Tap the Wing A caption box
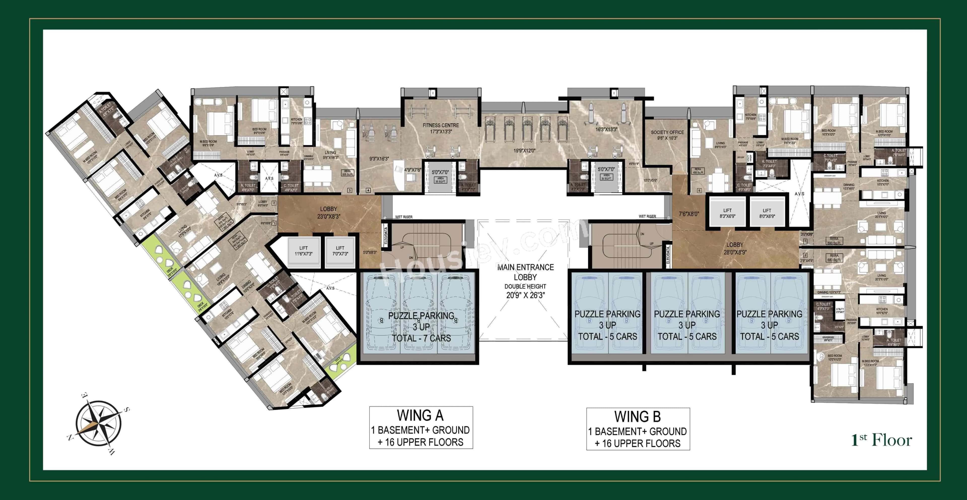coord(421,428)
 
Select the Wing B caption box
coord(638,429)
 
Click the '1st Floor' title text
coord(881,440)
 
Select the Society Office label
coord(667,135)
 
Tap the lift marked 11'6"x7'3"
coord(303,251)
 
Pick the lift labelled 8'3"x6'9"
coord(727,213)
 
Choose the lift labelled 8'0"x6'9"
coord(767,213)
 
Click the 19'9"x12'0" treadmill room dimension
coord(524,151)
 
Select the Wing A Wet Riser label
coord(403,217)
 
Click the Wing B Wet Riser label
coord(647,217)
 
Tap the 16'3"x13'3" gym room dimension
coord(606,129)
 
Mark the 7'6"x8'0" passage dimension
coord(689,214)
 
